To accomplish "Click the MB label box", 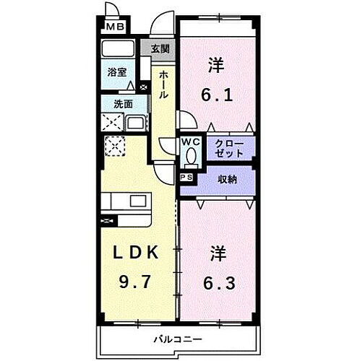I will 115,27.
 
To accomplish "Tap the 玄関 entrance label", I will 160,48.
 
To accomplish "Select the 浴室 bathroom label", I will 116,72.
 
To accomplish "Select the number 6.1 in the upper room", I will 216,94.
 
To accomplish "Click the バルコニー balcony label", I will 176,339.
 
